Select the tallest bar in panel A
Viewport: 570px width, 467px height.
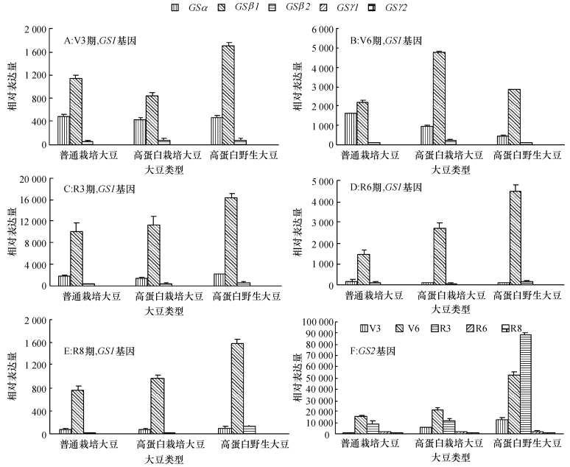[228, 95]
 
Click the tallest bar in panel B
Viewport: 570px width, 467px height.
[439, 99]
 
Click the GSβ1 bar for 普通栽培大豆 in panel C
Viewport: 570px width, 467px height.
[77, 258]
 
